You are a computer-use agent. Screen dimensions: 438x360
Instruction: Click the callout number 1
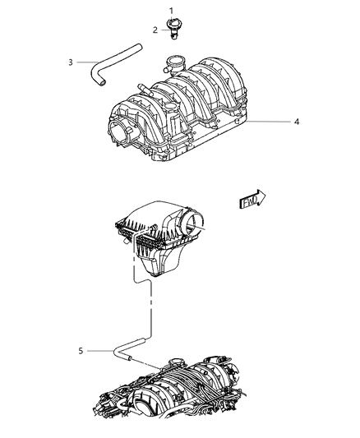[172, 10]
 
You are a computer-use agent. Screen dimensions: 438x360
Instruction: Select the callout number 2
[153, 29]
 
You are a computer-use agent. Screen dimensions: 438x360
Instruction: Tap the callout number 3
[71, 61]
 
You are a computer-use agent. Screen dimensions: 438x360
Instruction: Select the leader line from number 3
[85, 61]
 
